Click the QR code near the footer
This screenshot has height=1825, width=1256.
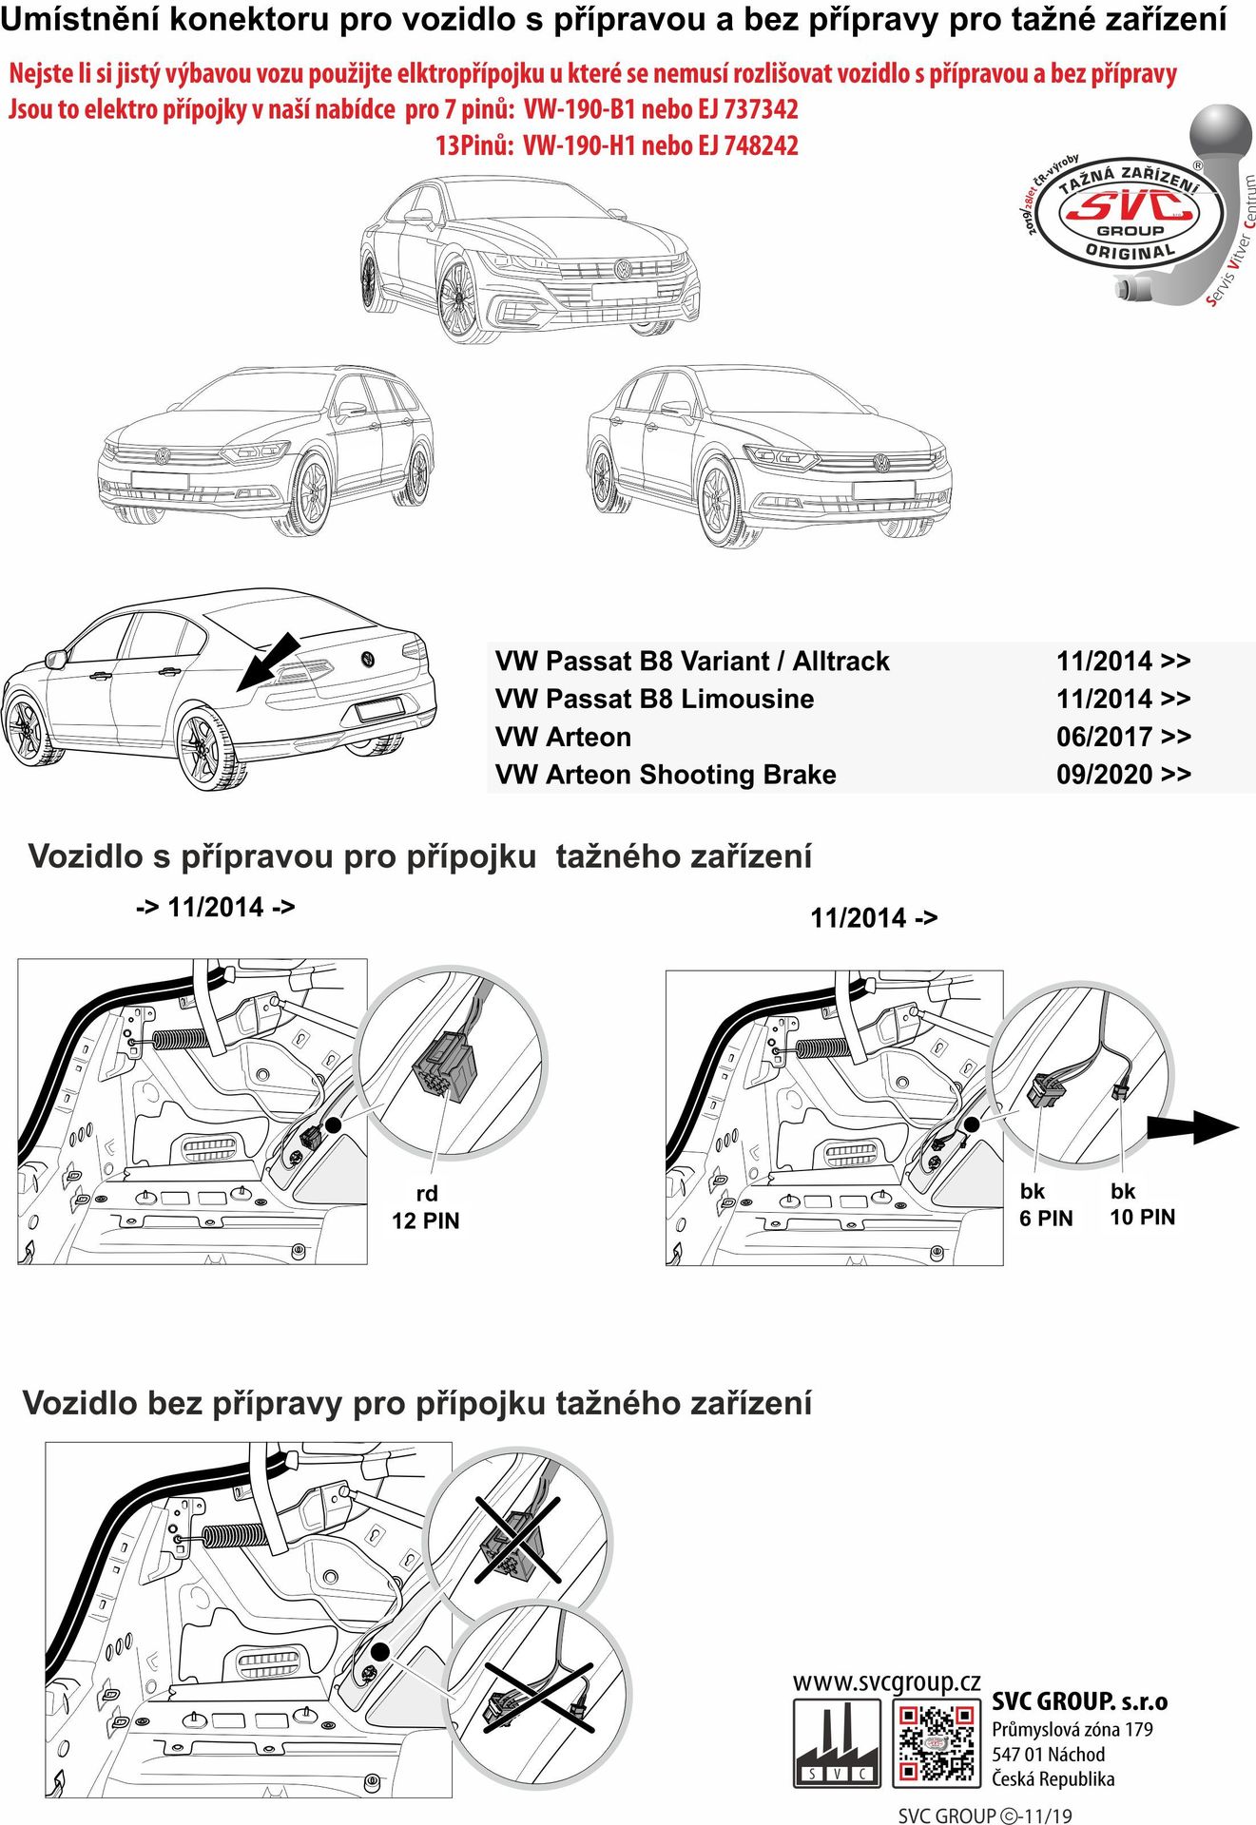(936, 1741)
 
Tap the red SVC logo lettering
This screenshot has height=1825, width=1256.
(1129, 205)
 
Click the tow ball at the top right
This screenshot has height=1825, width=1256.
(1221, 138)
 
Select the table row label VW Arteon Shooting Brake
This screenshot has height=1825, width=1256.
(666, 775)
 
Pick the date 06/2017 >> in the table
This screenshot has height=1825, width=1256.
(1123, 737)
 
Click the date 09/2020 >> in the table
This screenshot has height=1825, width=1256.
(1123, 775)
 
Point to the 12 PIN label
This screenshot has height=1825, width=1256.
(425, 1220)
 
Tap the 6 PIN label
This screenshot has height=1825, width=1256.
(1046, 1219)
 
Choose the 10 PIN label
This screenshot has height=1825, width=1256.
(1142, 1217)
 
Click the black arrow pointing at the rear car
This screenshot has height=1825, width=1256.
(268, 662)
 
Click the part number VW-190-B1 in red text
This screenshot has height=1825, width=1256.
(578, 110)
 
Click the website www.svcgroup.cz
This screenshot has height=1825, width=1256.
(886, 1681)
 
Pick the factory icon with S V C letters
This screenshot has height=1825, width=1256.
(837, 1741)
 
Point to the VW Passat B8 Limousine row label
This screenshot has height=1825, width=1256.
(654, 699)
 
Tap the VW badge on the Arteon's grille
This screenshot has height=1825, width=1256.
(623, 269)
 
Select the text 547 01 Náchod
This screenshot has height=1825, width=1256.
(1048, 1755)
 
